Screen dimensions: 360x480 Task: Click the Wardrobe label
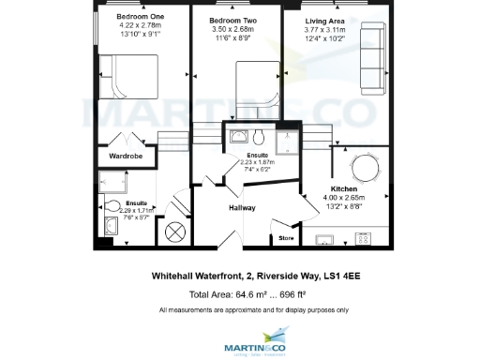coord(126,156)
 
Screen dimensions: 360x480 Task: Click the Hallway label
coord(242,208)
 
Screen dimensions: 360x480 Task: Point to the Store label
coord(286,239)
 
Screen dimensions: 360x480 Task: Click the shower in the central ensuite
coord(281,139)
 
